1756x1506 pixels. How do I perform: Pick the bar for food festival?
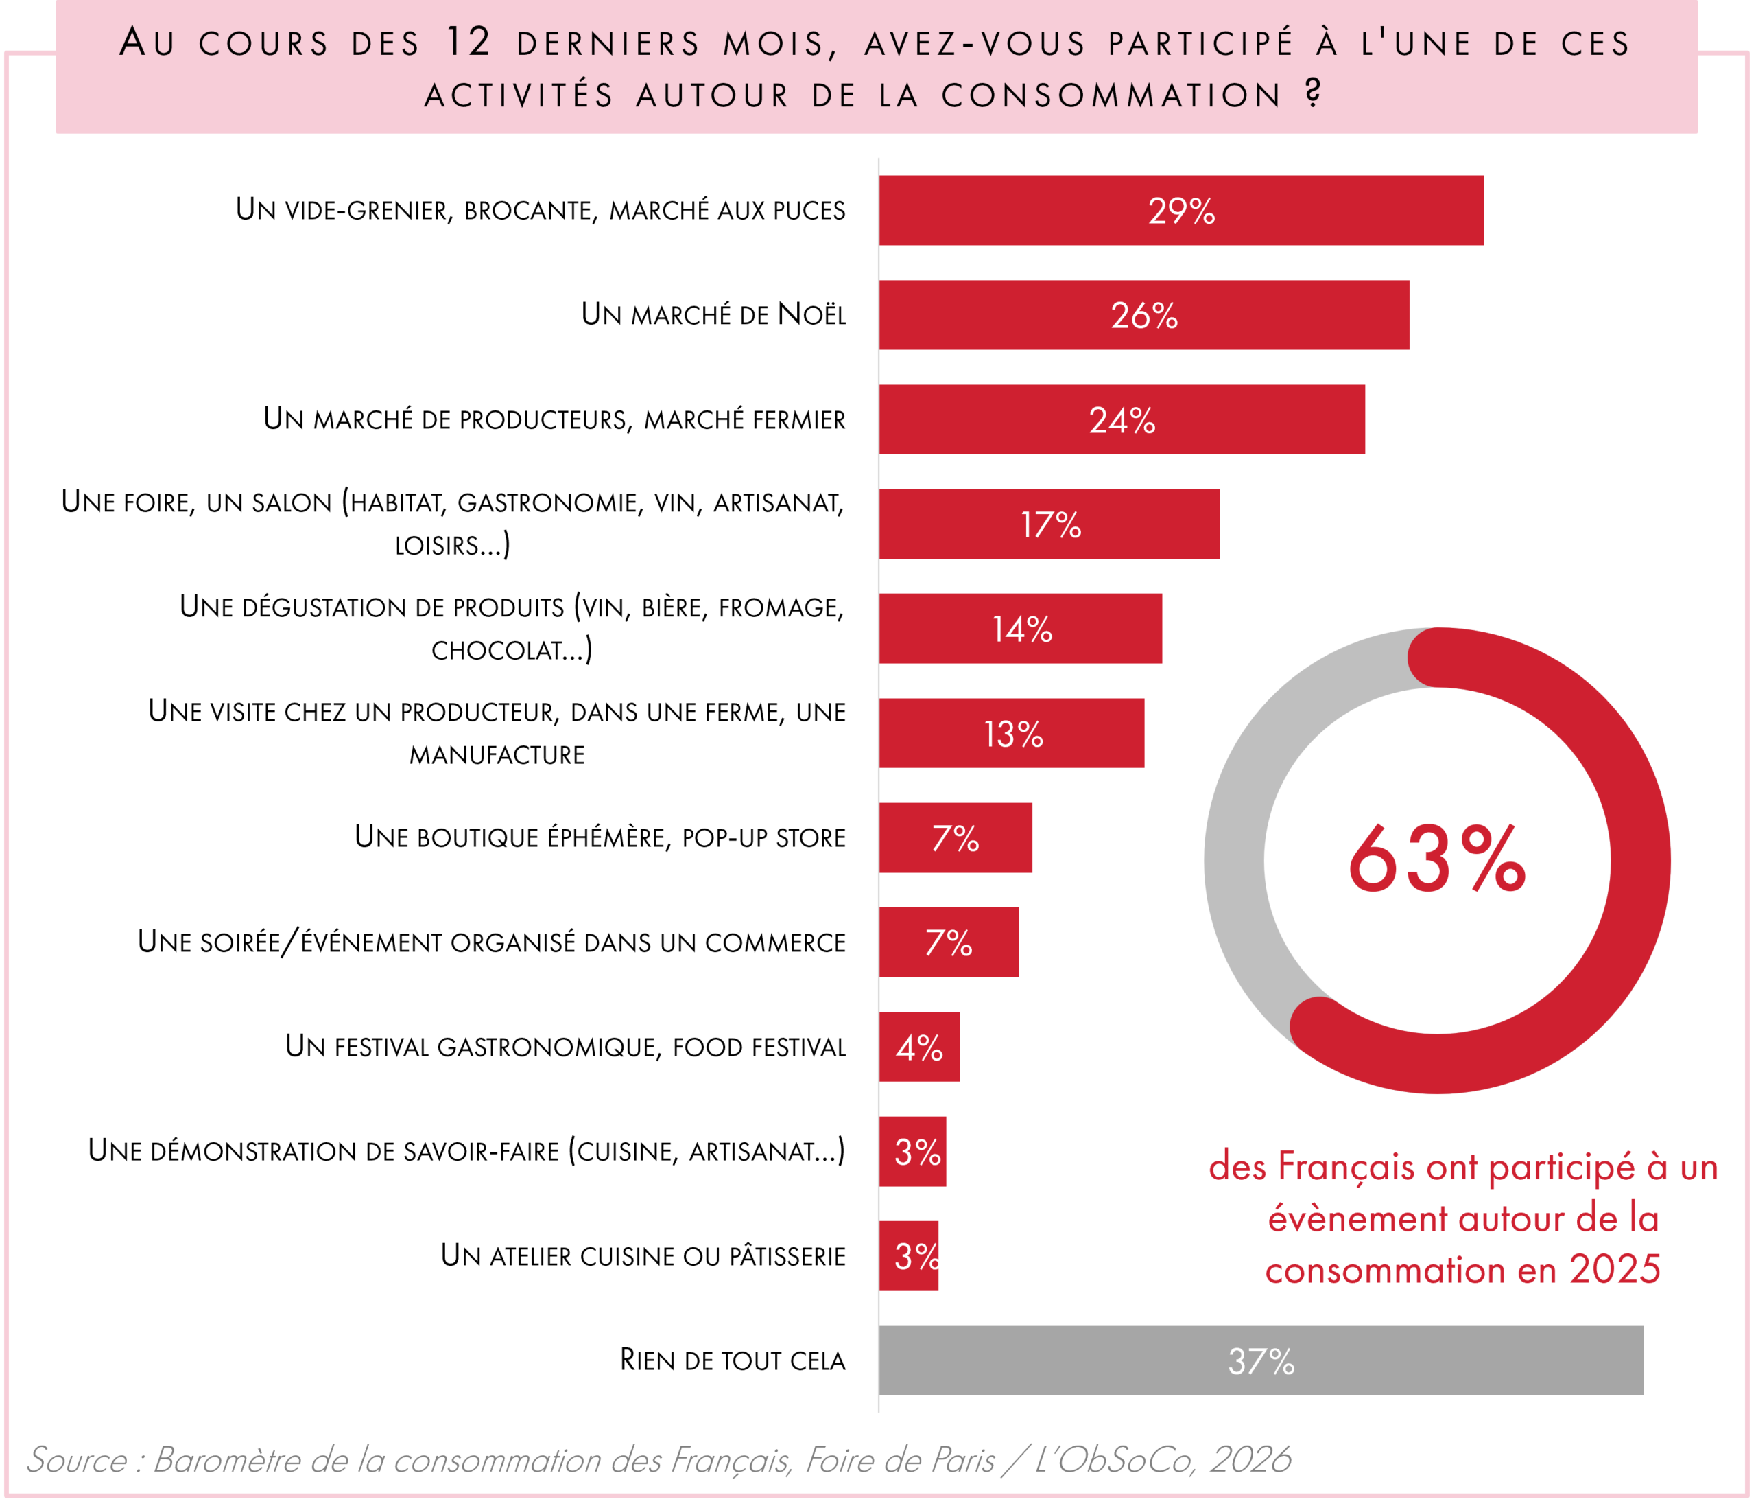(x=918, y=1046)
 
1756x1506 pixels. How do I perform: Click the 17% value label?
(x=1050, y=525)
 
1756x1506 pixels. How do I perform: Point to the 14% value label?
(x=1021, y=629)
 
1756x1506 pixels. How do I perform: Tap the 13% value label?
(x=1012, y=734)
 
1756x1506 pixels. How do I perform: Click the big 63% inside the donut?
(x=1436, y=860)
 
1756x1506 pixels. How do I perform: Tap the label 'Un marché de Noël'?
(x=713, y=314)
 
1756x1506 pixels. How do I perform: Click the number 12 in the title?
(x=468, y=43)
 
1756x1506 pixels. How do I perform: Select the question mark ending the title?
(x=1313, y=93)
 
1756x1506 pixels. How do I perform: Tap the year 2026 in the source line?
(x=1249, y=1459)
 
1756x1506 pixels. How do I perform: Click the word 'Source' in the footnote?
(x=77, y=1459)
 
